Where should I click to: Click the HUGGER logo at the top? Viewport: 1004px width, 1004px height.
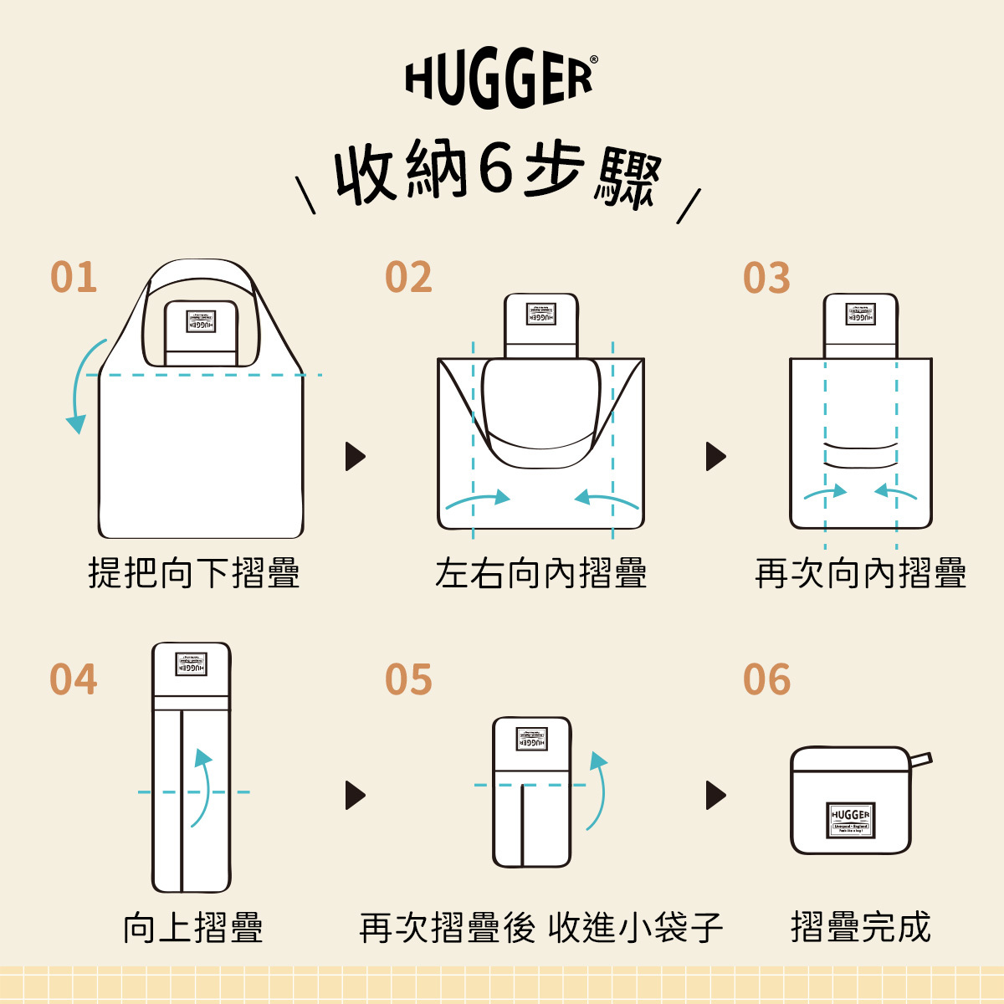(x=500, y=80)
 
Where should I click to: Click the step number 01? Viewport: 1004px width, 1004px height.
(x=74, y=278)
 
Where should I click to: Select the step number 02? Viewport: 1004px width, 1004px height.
(x=408, y=278)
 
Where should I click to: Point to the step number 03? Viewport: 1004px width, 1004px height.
(x=766, y=278)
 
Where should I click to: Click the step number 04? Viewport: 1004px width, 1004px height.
(x=74, y=679)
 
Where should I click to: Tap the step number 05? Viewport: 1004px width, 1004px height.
(x=408, y=679)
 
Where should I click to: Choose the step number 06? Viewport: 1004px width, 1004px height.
(x=766, y=679)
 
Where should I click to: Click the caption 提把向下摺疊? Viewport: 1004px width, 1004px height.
(x=194, y=574)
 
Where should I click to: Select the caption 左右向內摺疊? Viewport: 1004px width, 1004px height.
(x=540, y=574)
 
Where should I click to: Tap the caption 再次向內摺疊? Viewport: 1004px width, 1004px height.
(x=860, y=574)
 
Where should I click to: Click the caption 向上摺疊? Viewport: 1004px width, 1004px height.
(x=193, y=928)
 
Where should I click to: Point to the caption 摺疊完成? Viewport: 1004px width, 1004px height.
(x=860, y=928)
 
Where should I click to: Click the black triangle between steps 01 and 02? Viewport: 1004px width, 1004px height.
(x=355, y=456)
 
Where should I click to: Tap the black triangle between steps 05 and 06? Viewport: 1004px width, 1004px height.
(x=715, y=795)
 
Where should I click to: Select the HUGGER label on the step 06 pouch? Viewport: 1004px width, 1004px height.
(x=851, y=819)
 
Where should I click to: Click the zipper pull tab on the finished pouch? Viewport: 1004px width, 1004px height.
(x=920, y=760)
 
